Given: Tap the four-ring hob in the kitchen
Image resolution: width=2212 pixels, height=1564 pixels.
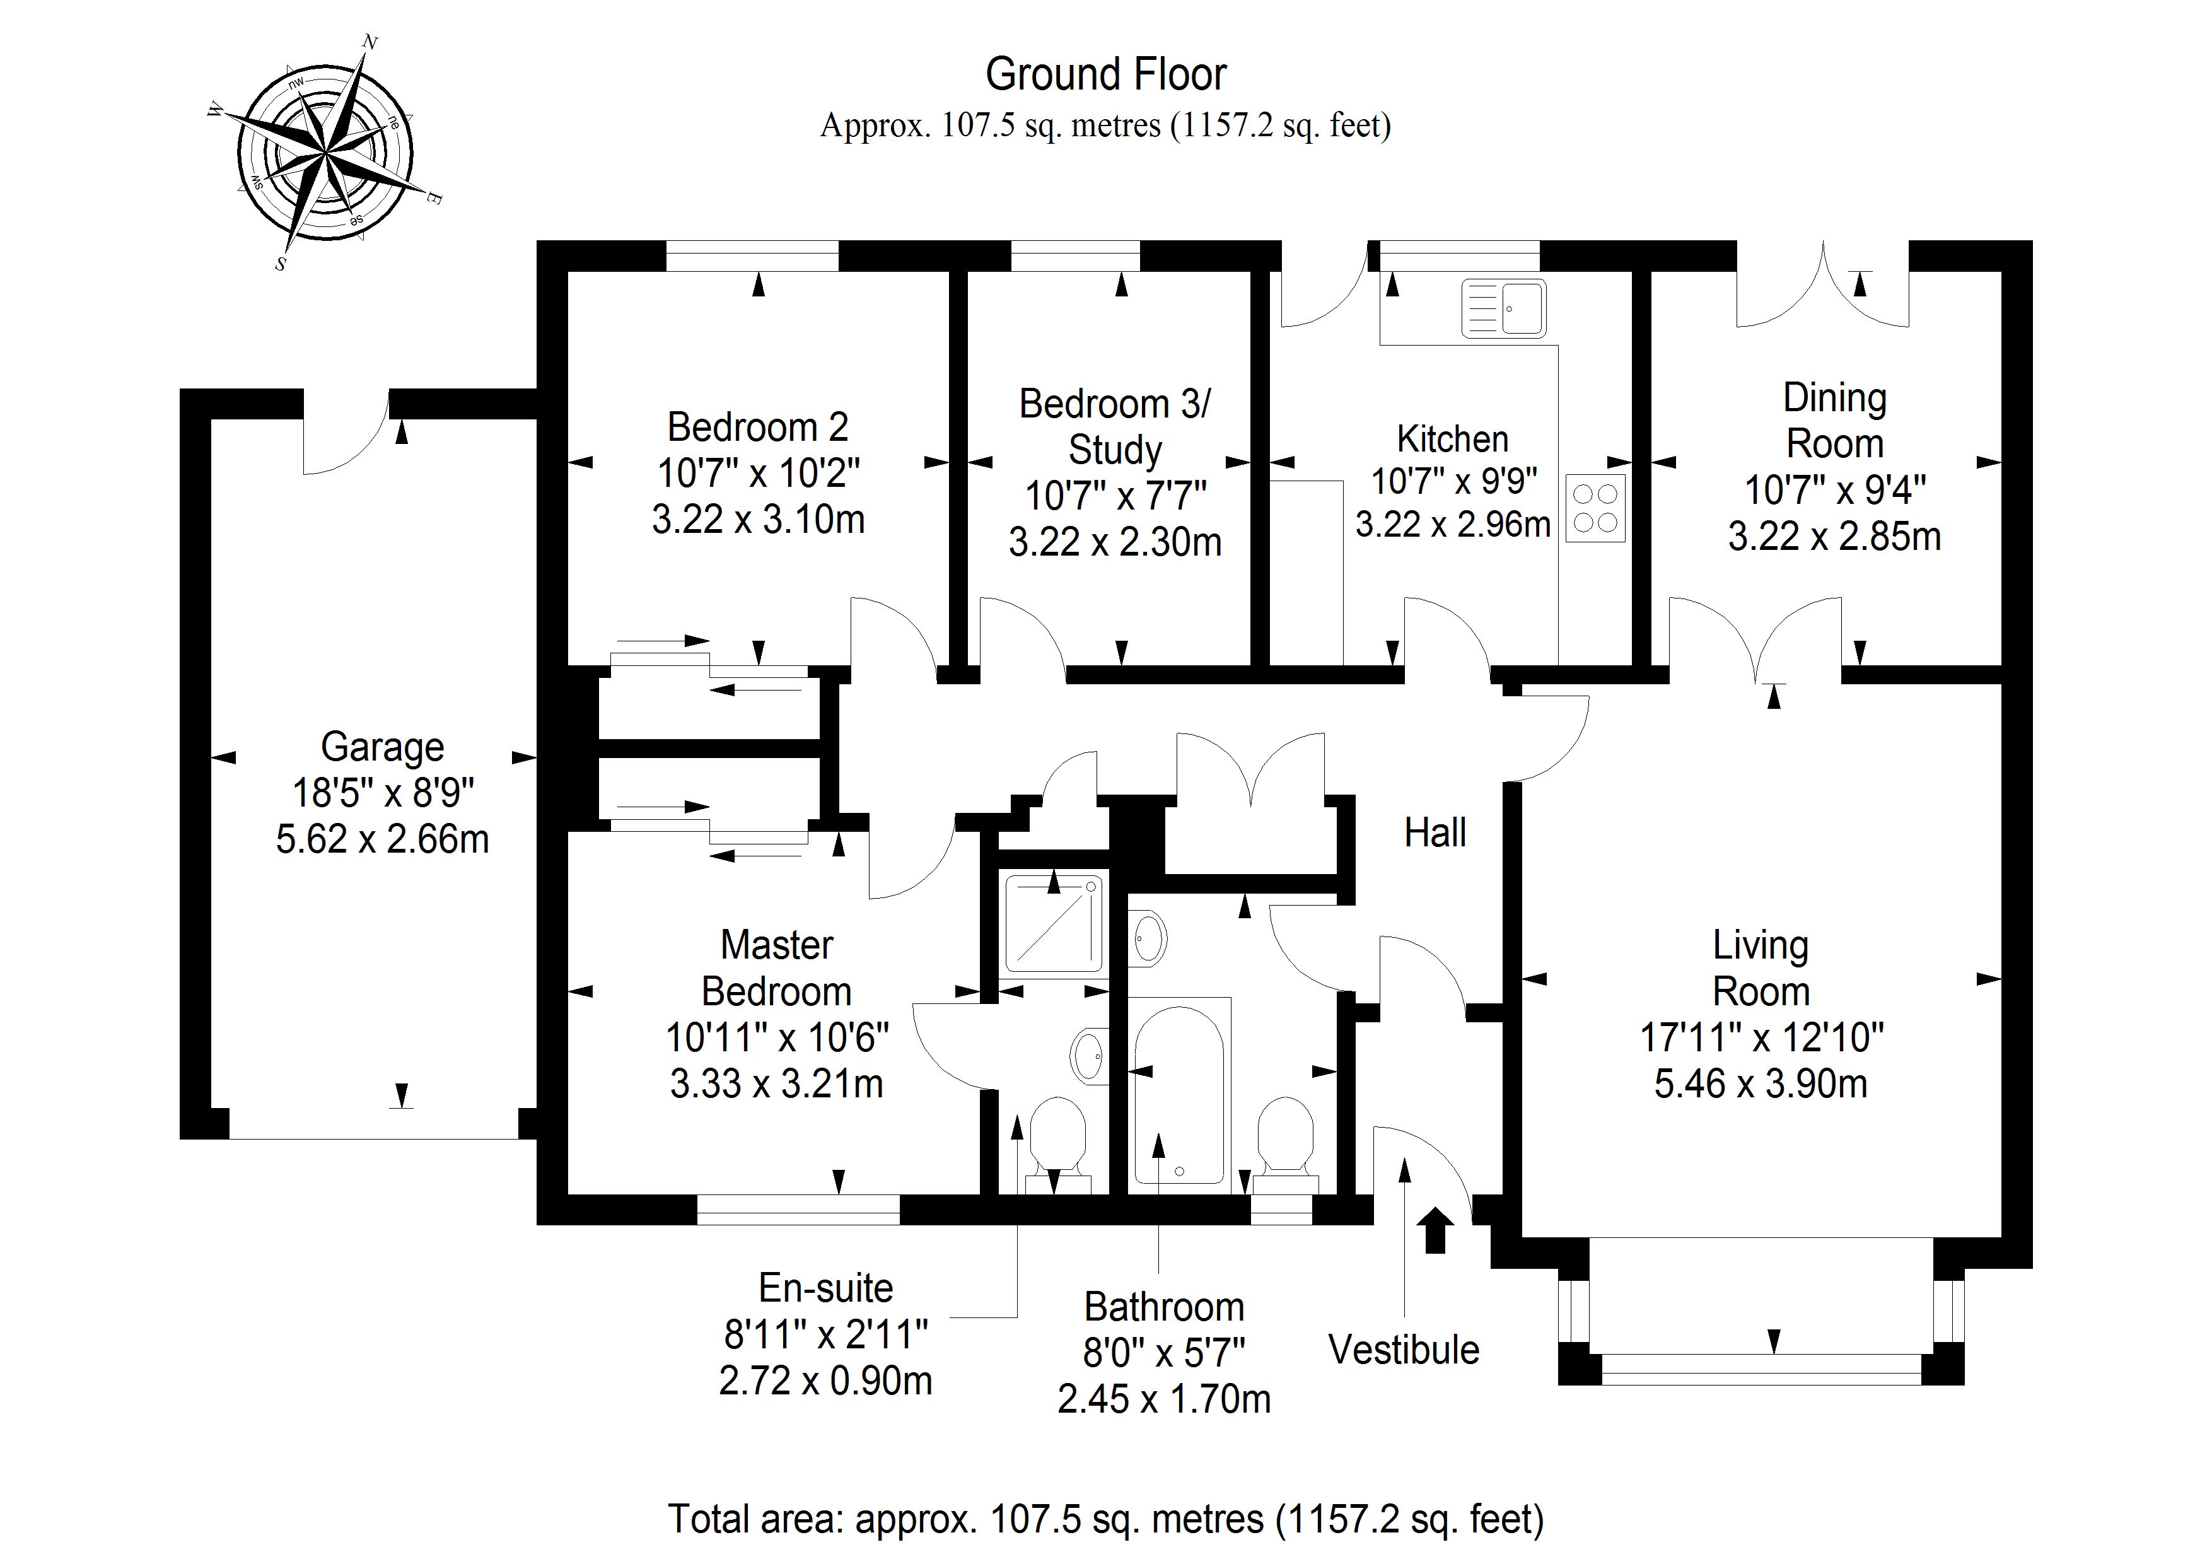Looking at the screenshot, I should pos(1595,508).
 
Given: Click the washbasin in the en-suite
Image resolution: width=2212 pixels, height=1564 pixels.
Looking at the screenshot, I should pos(1090,1053).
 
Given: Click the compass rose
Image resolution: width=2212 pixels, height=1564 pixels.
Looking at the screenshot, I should pos(325,154).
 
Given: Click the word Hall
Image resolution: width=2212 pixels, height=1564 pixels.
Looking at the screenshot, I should pos(1435,832).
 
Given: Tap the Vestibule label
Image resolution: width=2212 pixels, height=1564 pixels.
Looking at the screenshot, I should pos(1404,1350).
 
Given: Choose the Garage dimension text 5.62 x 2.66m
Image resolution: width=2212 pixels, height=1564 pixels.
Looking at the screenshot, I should pos(383,839).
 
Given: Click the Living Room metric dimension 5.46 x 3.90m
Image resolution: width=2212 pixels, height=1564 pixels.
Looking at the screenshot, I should pos(1760,1084).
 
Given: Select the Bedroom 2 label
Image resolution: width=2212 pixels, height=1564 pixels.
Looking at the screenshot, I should pos(757,427).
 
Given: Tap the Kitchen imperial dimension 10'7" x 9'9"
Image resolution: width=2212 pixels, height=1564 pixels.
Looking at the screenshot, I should pos(1453,480).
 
